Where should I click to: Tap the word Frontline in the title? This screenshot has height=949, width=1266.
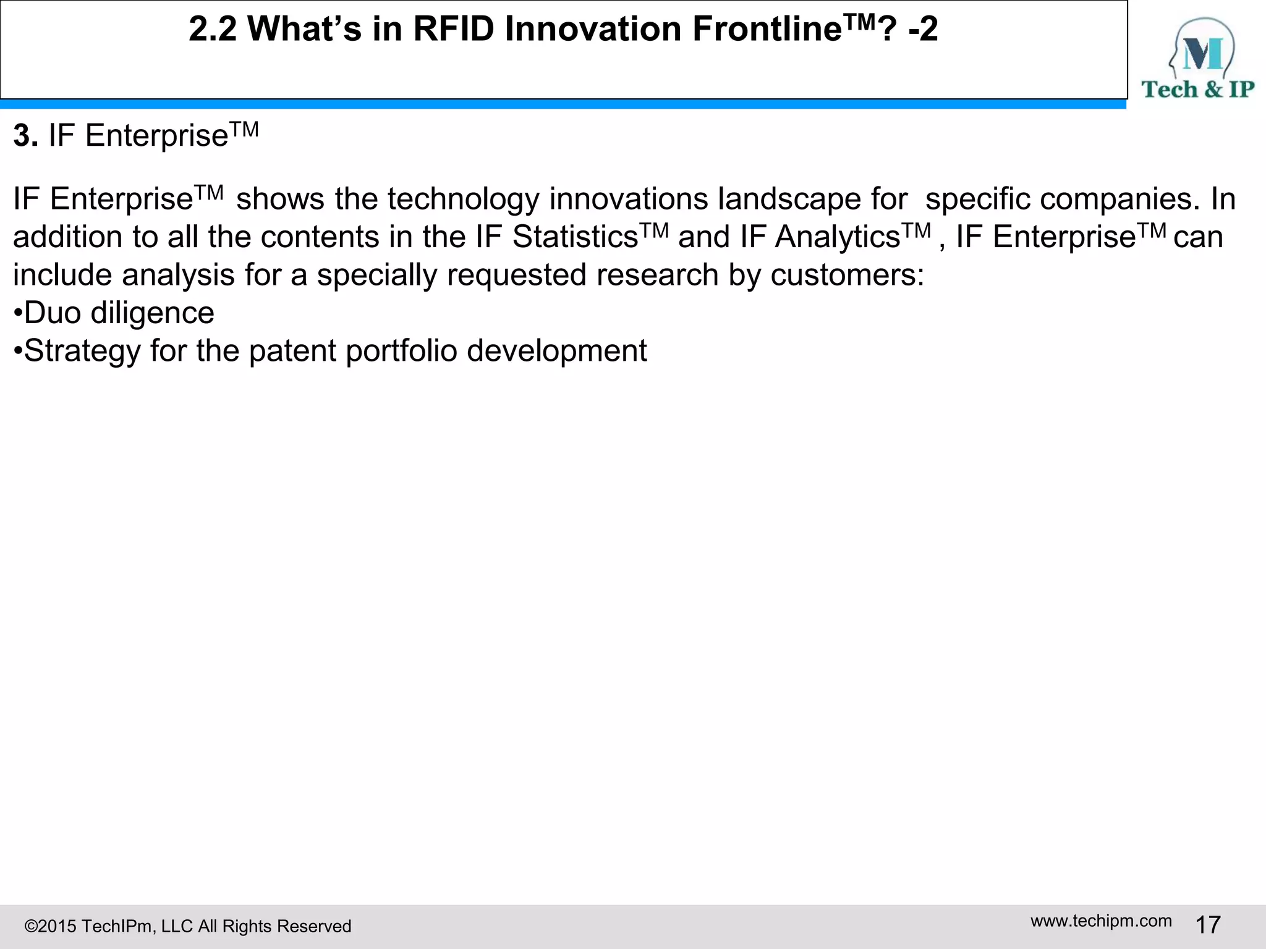(x=767, y=29)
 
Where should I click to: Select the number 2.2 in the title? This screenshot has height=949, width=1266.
(x=213, y=29)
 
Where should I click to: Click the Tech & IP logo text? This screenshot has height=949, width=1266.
(x=1197, y=89)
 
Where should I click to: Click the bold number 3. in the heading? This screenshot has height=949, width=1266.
(x=25, y=135)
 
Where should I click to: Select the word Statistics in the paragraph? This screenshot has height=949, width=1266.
(x=575, y=237)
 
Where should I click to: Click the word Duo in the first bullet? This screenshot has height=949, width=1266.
(x=52, y=313)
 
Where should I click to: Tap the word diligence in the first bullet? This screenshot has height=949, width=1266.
(x=152, y=313)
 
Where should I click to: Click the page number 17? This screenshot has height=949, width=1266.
(x=1208, y=925)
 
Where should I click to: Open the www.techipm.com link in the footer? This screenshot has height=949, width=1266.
(x=1101, y=921)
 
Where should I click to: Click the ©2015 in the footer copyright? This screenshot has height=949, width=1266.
(x=50, y=926)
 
